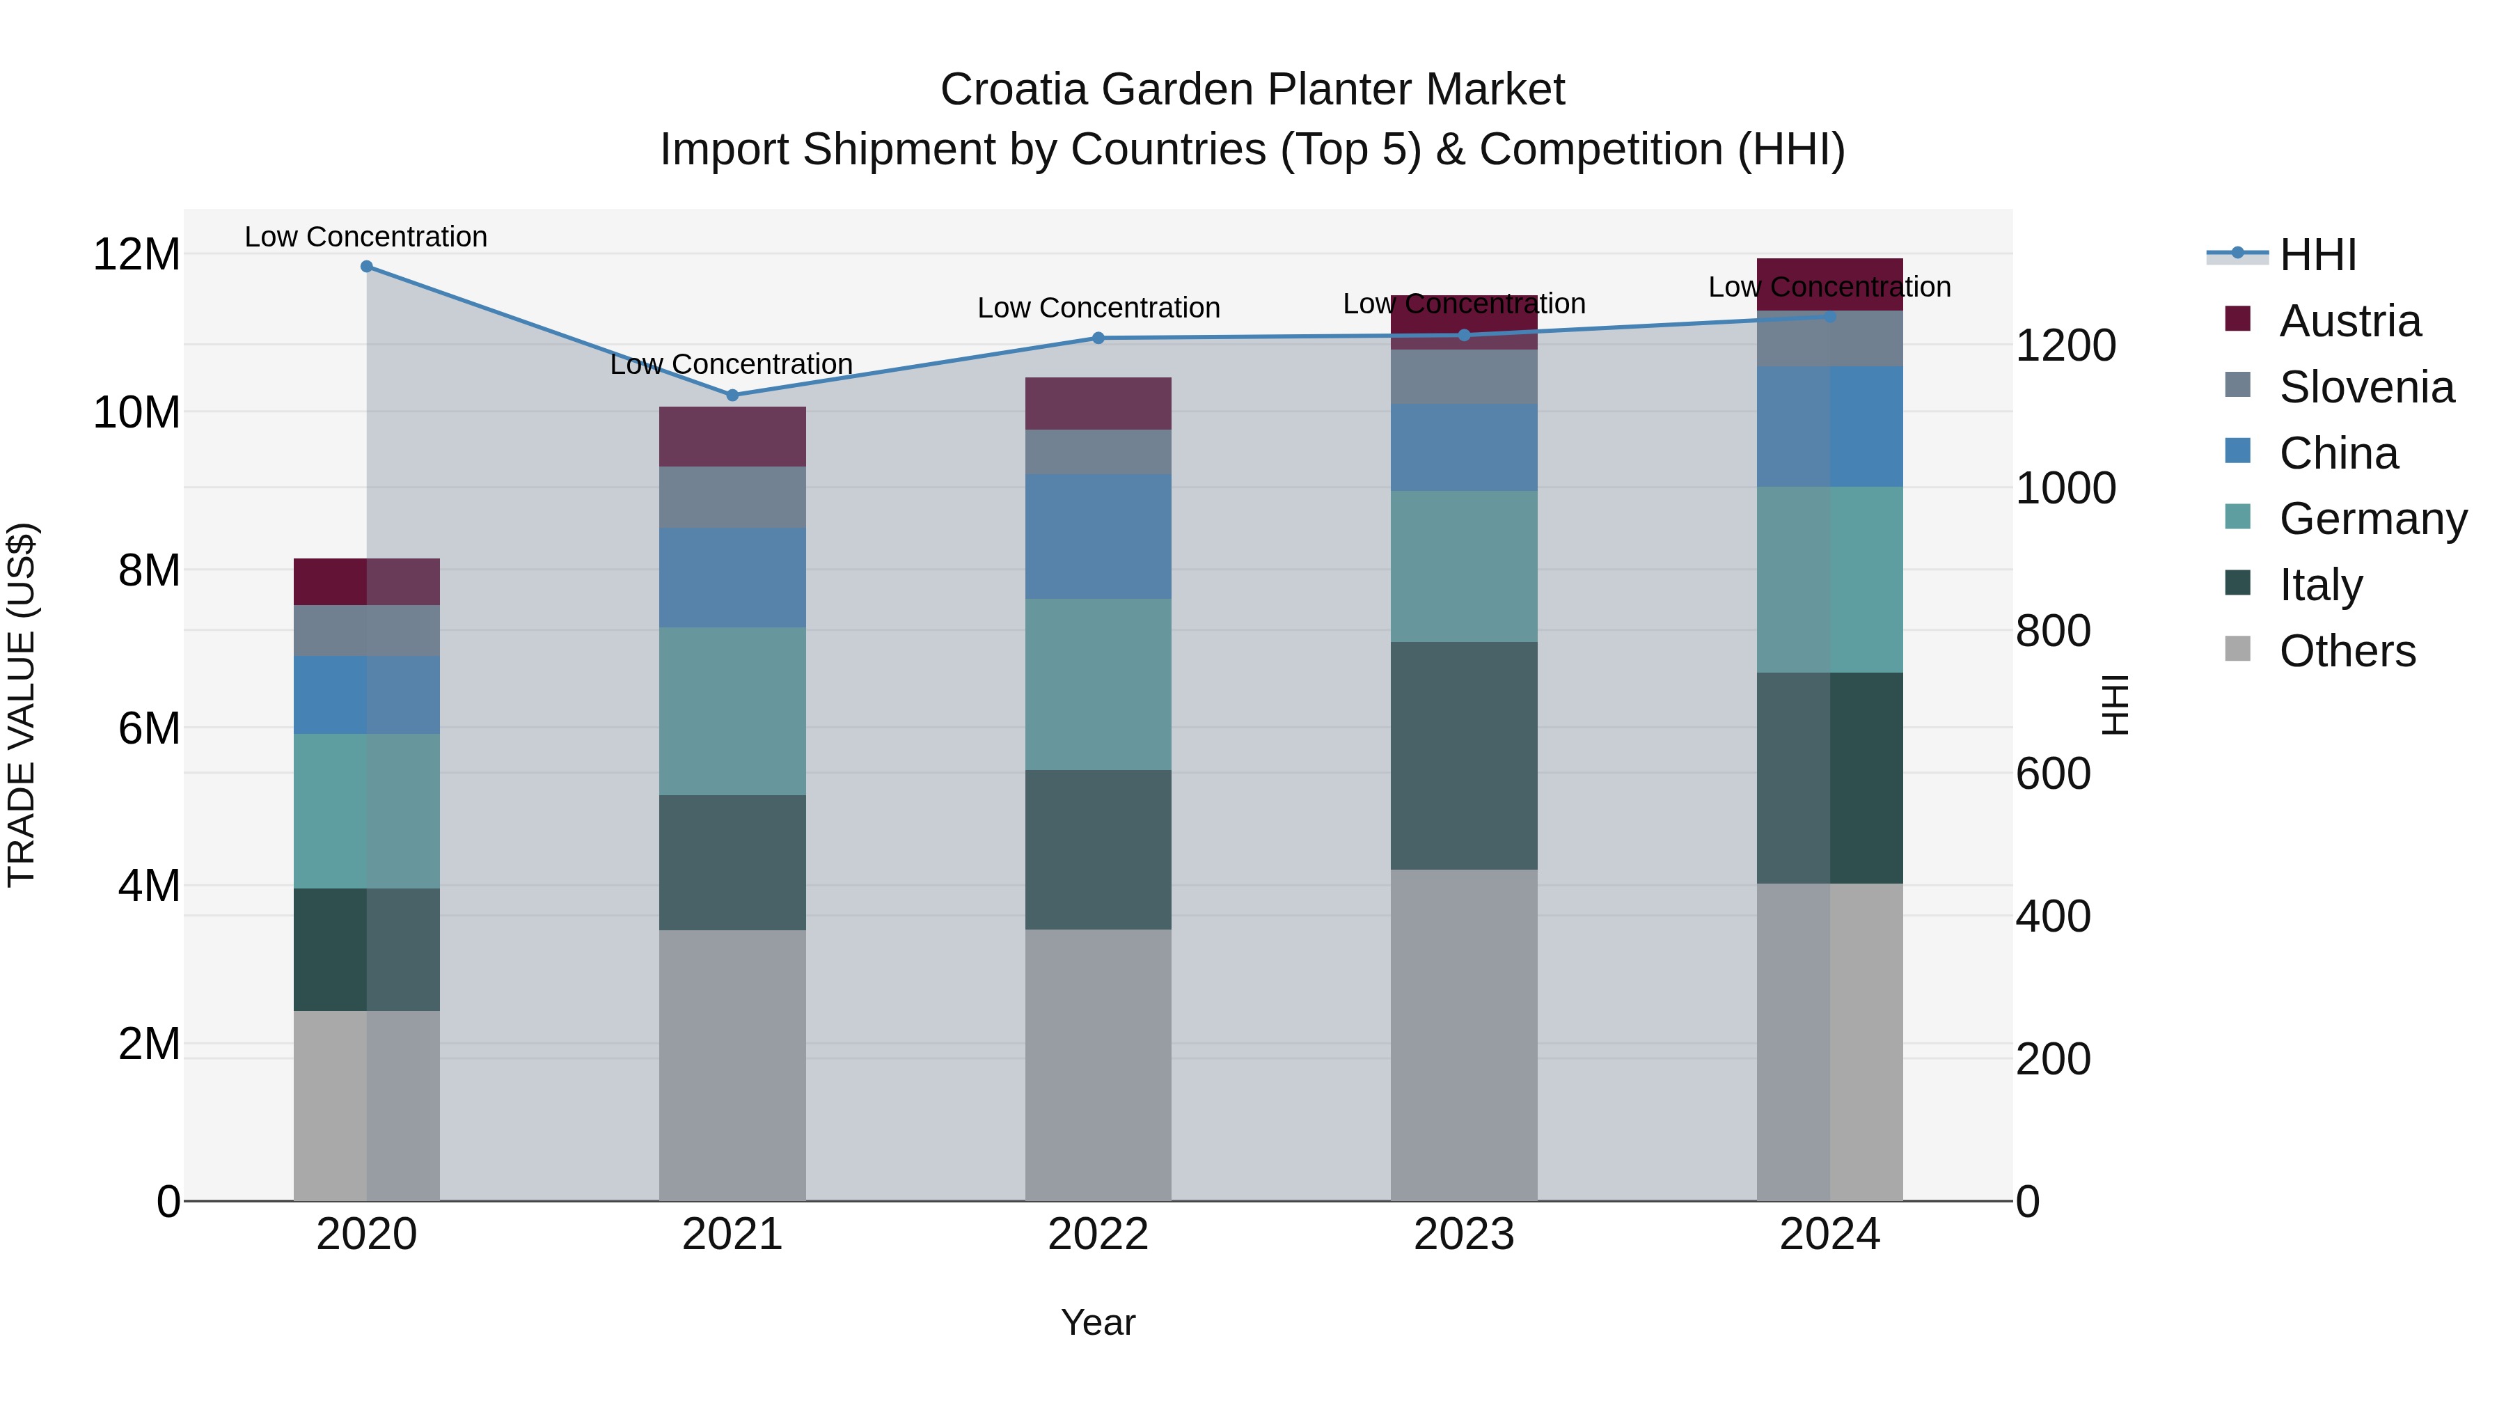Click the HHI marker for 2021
pyautogui.click(x=732, y=395)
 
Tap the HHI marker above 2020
pyautogui.click(x=367, y=267)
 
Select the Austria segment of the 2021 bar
pyautogui.click(x=732, y=437)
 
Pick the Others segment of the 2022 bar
pyautogui.click(x=1098, y=1065)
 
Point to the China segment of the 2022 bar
pyautogui.click(x=1098, y=536)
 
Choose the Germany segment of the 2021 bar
pyautogui.click(x=732, y=712)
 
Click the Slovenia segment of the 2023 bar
pyautogui.click(x=1464, y=377)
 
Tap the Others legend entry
pyautogui.click(x=2347, y=651)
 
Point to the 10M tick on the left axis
pyautogui.click(x=136, y=413)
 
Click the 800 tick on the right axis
pyautogui.click(x=2053, y=632)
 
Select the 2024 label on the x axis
pyautogui.click(x=1829, y=1235)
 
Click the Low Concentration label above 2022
pyautogui.click(x=1098, y=308)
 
